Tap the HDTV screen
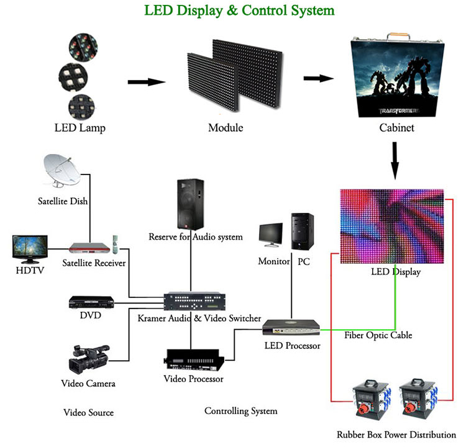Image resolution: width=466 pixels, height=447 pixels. point(30,247)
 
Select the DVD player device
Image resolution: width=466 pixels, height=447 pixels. point(91,302)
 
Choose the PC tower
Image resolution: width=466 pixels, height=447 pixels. point(303,233)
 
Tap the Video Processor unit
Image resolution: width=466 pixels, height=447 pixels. point(194,359)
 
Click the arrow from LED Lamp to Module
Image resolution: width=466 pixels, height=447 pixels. point(147,81)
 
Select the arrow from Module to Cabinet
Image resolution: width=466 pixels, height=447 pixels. point(319,79)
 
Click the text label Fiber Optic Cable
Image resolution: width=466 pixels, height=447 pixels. point(378,335)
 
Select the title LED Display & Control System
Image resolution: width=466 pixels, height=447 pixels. point(239,11)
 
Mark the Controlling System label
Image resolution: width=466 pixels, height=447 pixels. point(240,411)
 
